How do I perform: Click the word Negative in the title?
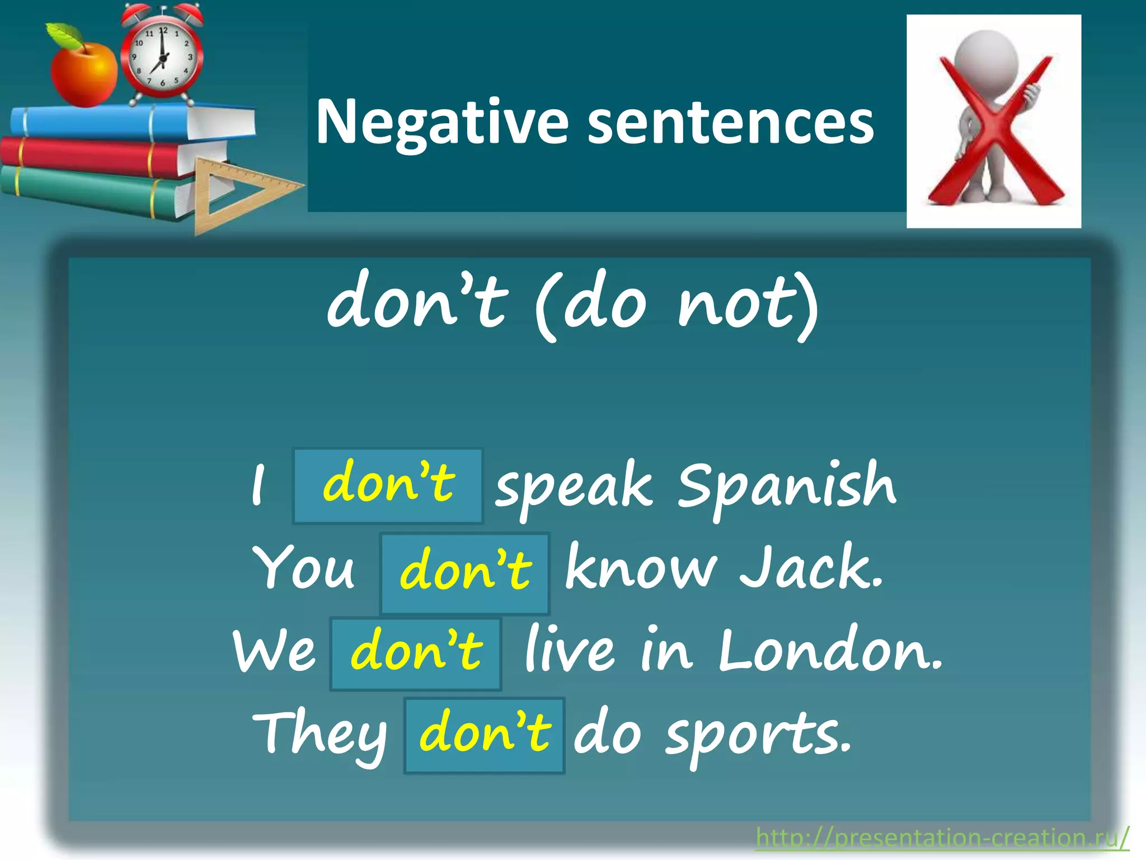442,122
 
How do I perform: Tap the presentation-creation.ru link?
942,838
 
